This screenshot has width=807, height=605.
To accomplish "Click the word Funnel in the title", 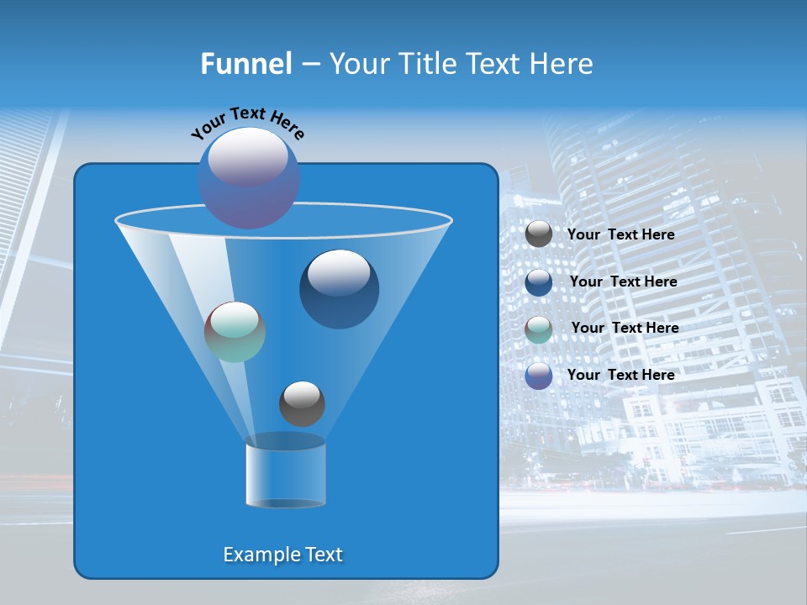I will point(245,64).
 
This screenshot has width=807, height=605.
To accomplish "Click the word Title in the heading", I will point(427,64).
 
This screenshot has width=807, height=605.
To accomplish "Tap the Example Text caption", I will point(283,555).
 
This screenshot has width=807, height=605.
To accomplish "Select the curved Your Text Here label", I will point(247,123).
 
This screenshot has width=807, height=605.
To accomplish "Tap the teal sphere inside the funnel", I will point(235,332).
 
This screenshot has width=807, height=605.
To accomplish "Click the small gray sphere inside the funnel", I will point(302,404).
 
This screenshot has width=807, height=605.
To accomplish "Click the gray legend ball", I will point(539,234).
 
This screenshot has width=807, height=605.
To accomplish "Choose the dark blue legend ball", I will point(539,282).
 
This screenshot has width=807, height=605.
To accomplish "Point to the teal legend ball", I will point(539,329).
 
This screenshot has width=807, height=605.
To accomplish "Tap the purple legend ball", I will point(539,376).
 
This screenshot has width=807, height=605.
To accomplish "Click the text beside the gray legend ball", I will point(620,235).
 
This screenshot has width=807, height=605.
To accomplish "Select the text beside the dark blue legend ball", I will point(623,282).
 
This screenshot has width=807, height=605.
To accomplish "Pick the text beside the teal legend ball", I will point(625,329).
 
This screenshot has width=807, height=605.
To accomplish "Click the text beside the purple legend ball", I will point(620,376).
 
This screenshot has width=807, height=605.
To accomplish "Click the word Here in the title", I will point(560,64).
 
